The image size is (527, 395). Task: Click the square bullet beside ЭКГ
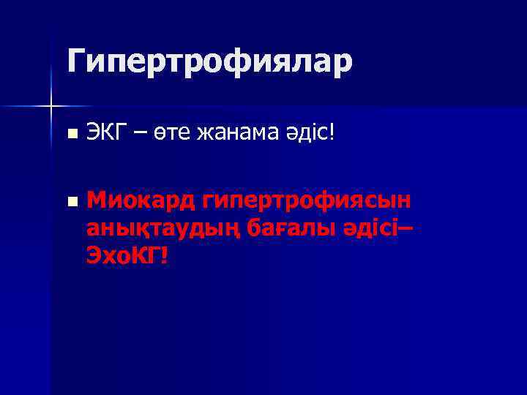point(70,135)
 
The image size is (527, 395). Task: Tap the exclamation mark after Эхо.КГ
point(165,255)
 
